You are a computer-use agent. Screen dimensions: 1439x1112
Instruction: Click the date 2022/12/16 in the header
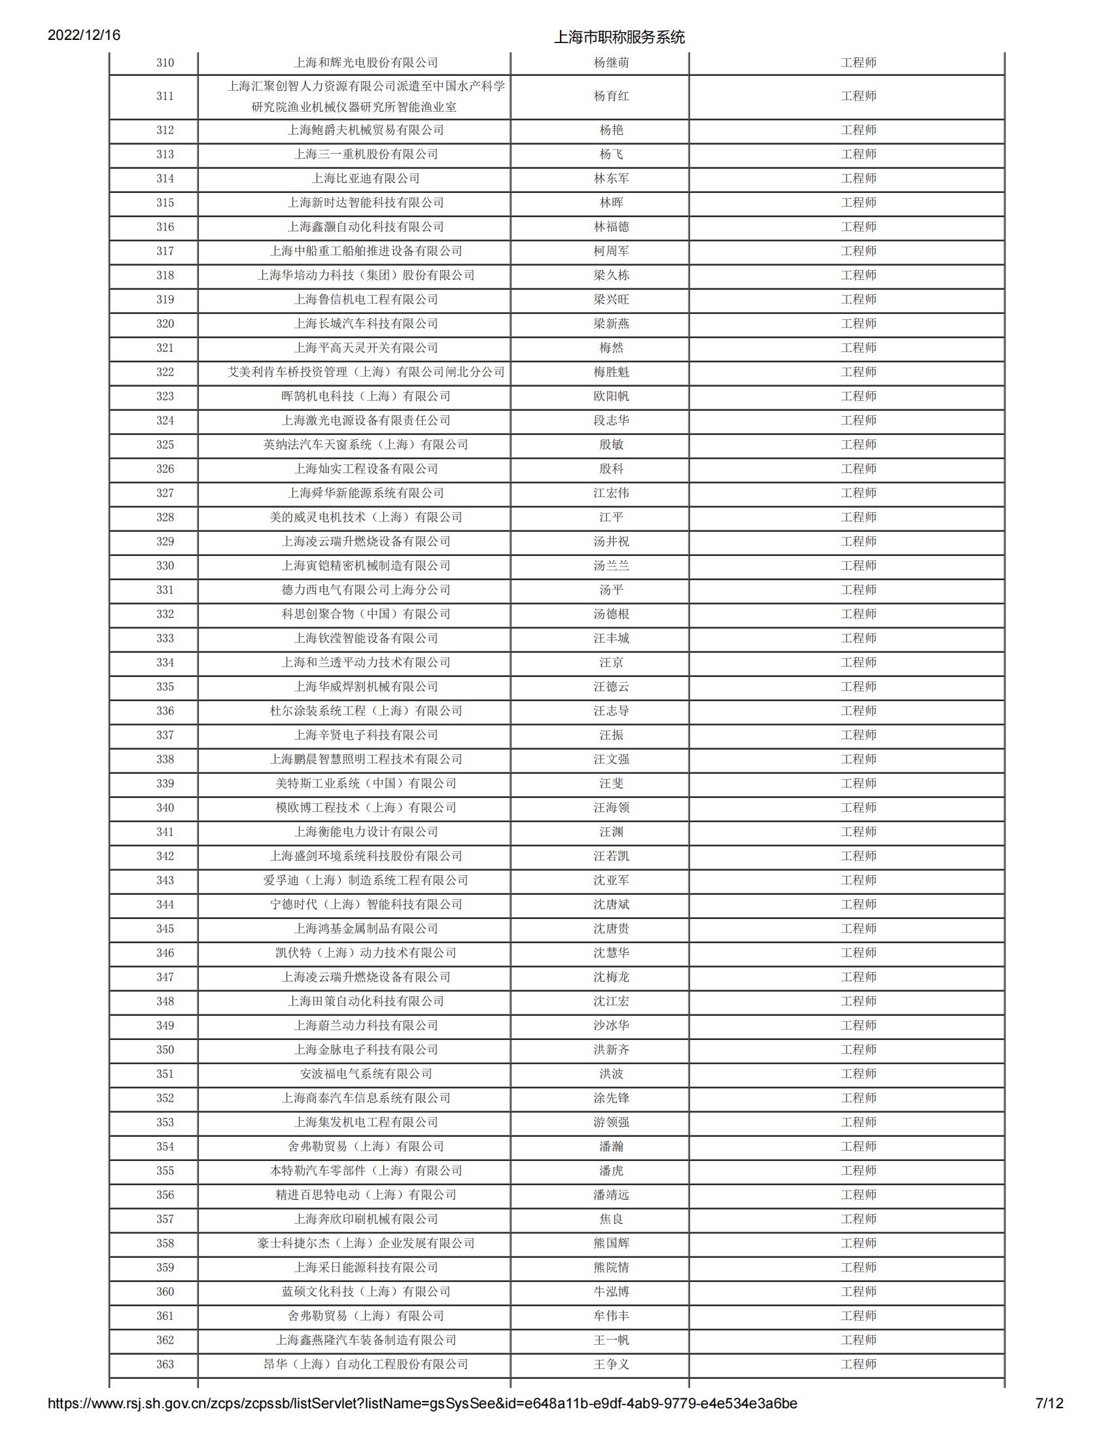84,35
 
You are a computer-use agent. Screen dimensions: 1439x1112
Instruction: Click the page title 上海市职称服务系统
619,37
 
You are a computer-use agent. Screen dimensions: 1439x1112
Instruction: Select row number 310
165,63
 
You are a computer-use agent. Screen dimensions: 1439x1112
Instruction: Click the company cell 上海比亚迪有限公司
366,179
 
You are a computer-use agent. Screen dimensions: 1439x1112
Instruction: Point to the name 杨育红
611,96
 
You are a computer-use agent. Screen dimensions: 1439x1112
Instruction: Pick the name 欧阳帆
611,396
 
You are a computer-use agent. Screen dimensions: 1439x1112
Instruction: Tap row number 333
165,638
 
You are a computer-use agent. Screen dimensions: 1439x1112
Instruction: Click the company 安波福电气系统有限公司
366,1073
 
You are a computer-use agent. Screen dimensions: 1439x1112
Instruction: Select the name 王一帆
611,1340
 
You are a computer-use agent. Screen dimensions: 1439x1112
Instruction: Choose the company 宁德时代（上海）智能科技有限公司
366,904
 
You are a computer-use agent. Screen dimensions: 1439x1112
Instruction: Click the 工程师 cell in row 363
858,1364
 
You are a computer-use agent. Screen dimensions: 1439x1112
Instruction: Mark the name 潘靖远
611,1194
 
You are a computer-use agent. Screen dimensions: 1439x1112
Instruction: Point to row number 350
165,1050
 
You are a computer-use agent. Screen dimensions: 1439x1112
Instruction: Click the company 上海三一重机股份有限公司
366,154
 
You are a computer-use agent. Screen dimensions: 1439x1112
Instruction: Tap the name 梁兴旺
611,299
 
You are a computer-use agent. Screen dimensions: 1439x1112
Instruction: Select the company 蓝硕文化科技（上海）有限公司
366,1291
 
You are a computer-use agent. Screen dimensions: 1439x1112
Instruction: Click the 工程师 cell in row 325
858,445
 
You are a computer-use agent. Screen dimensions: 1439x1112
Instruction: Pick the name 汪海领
611,807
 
